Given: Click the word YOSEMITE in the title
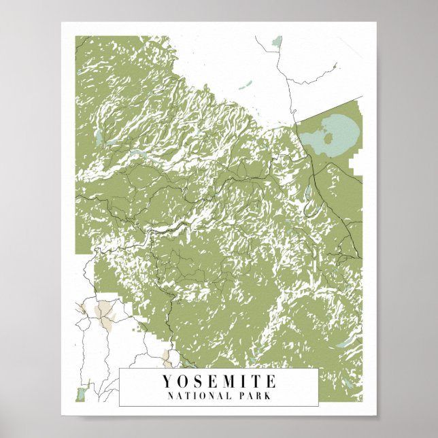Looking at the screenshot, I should [x=219, y=381].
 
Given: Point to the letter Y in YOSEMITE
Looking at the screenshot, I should [x=167, y=381].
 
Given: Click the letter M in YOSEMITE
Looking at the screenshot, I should [x=228, y=381].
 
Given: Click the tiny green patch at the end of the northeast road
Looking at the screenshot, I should [x=334, y=66].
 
